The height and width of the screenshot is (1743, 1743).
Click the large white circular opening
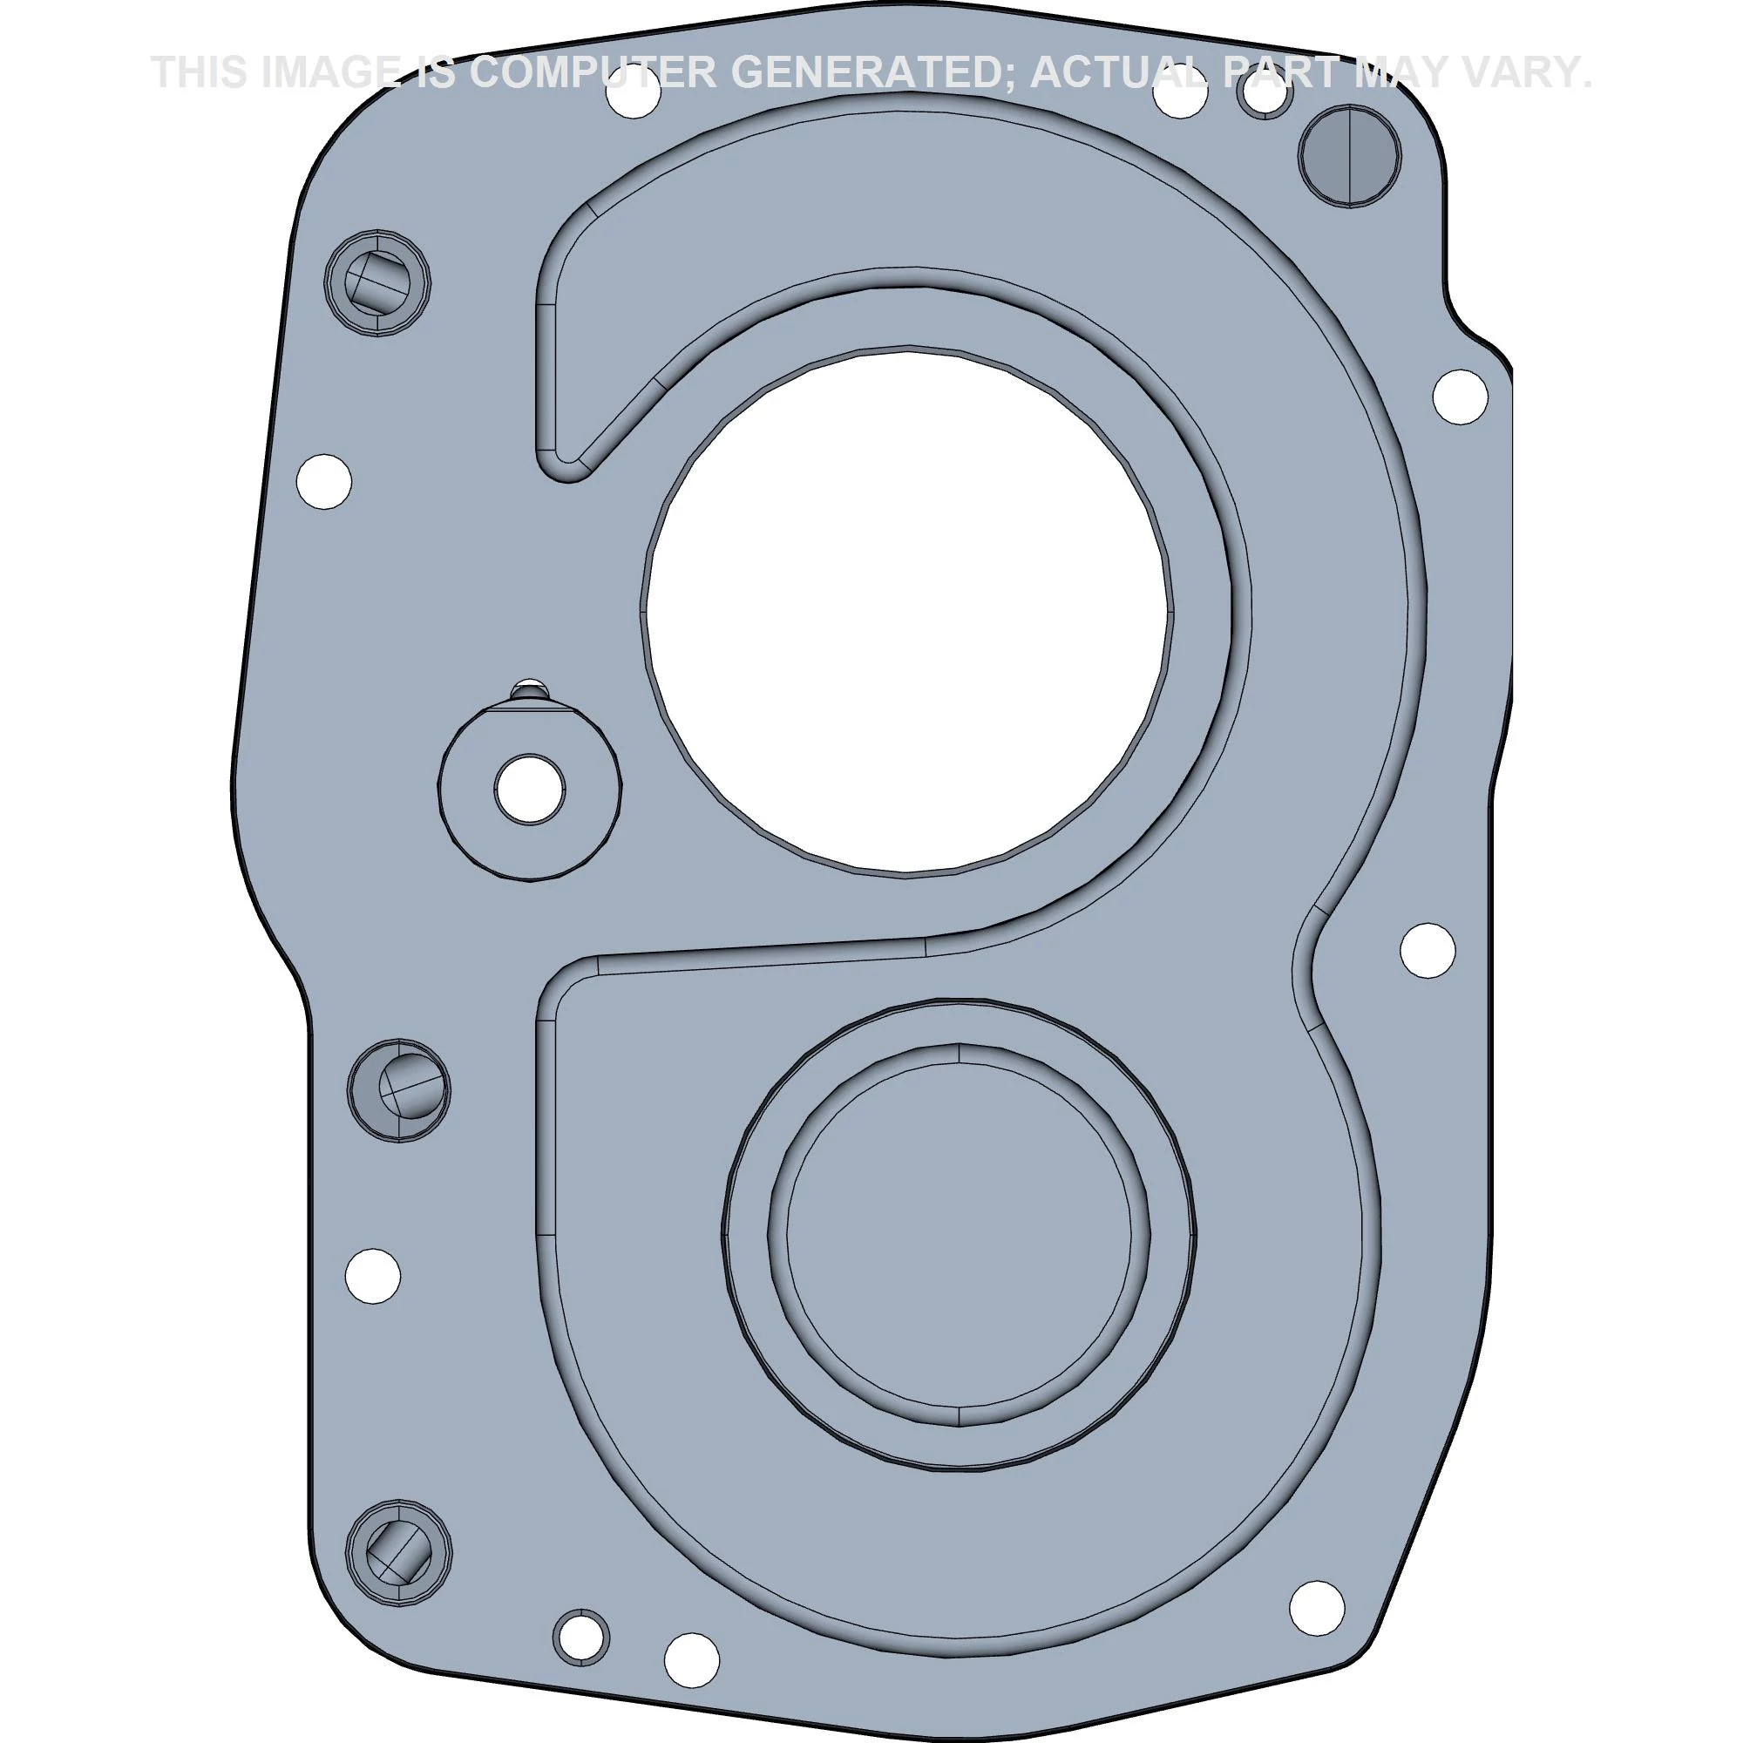coord(906,612)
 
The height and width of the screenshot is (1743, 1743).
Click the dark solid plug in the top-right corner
coord(1350,155)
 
